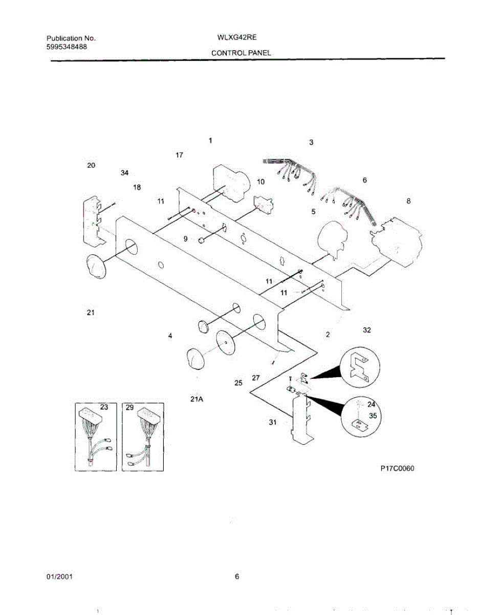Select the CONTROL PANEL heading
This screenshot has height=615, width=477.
[241, 53]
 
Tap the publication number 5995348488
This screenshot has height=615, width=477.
[66, 47]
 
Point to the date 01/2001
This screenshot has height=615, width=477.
[59, 577]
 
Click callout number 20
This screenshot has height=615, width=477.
[91, 165]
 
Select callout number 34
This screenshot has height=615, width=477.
[124, 173]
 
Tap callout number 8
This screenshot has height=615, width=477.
[408, 201]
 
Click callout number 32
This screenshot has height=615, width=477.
[366, 330]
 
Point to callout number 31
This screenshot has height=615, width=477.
[273, 422]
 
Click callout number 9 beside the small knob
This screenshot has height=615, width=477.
[186, 238]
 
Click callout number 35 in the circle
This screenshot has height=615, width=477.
[373, 416]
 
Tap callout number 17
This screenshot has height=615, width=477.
[180, 155]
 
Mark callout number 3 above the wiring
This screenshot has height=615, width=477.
[311, 142]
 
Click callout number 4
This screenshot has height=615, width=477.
[169, 336]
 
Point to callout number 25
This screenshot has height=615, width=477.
[238, 383]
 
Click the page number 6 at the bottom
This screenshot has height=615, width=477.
[237, 577]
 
